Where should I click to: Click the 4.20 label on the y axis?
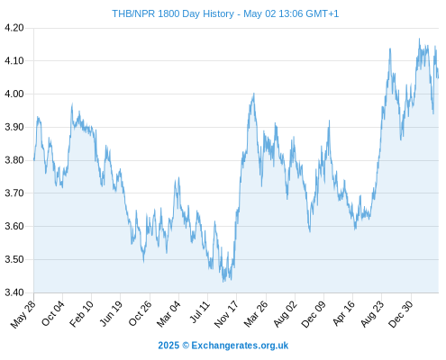coord(14,28)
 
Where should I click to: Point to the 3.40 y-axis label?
coord(14,292)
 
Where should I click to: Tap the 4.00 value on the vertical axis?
coord(14,94)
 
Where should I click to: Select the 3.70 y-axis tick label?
coord(14,193)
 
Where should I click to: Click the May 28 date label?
coord(23,314)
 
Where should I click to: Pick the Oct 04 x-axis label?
coord(53,313)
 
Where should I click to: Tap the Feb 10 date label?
coord(81,314)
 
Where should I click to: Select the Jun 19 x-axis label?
coord(111,313)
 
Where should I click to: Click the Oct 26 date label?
coord(140,313)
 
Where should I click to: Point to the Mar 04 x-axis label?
coord(168,314)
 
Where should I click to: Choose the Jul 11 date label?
coord(200,312)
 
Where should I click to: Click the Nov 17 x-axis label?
coord(226,314)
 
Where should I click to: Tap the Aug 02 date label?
coord(285,314)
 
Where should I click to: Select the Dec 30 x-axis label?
coord(401,314)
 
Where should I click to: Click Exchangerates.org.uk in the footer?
coord(240,346)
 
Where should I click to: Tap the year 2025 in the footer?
coord(168,346)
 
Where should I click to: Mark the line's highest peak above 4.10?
coord(419,39)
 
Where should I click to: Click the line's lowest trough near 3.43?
coord(223,282)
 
